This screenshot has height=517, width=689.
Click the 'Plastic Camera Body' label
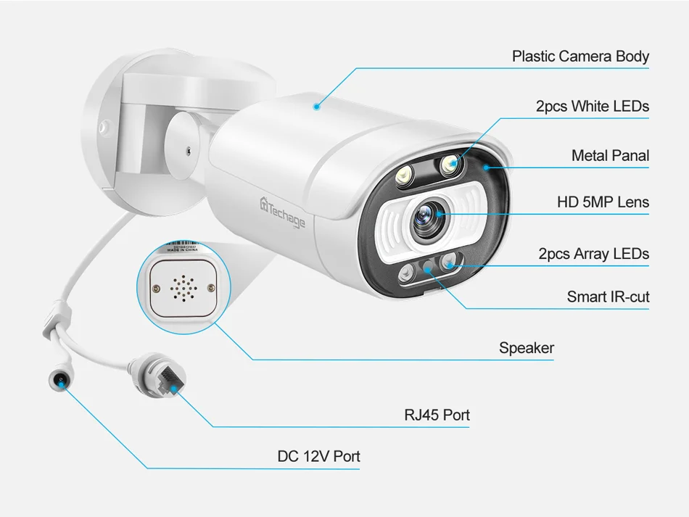tap(580, 57)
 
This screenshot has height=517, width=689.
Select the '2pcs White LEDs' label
tap(592, 107)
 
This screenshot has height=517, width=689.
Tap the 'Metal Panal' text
tap(610, 155)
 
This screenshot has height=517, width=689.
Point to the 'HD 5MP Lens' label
tap(603, 202)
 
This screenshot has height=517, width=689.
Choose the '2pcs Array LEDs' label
tap(594, 254)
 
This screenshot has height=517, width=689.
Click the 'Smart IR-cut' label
tap(608, 297)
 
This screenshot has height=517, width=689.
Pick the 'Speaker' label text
tap(527, 348)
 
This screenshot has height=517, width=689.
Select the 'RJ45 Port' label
tap(437, 415)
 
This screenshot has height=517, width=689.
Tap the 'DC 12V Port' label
tap(318, 456)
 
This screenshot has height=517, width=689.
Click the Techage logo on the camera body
tap(283, 212)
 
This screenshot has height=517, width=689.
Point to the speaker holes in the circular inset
tap(183, 288)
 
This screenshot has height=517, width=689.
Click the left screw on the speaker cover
tap(155, 289)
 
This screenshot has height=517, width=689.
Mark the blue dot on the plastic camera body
tap(316, 107)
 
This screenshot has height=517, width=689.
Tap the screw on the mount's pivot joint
tap(188, 151)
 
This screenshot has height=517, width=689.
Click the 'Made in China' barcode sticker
tap(182, 247)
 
